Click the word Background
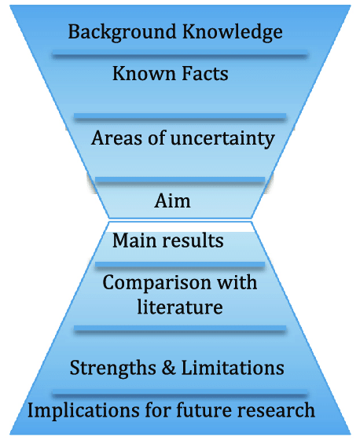click(x=122, y=32)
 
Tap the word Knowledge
click(x=233, y=32)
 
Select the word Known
click(x=144, y=73)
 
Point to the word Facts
click(x=205, y=73)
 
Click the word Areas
click(x=116, y=138)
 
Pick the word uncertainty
click(x=222, y=139)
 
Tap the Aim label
click(x=172, y=200)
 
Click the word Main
click(x=134, y=241)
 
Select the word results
click(x=193, y=241)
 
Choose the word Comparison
click(x=156, y=284)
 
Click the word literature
click(x=180, y=307)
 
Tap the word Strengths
click(x=113, y=369)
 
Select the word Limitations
click(x=233, y=367)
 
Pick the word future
click(x=203, y=410)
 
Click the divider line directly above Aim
click(x=180, y=180)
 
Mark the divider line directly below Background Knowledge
click(x=180, y=53)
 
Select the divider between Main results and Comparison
click(x=180, y=265)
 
